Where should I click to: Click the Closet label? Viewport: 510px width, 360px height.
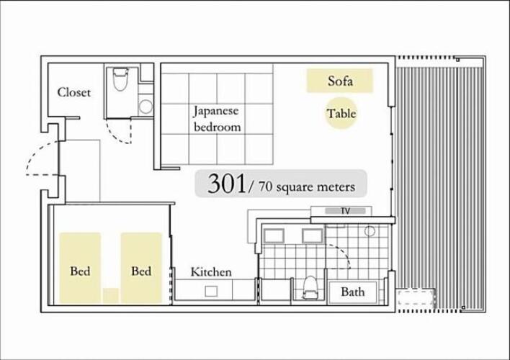coord(73,92)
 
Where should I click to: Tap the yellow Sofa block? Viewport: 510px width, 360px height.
coord(339,81)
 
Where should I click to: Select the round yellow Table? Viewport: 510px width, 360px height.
coord(341,113)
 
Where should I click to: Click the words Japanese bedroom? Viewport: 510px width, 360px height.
coord(217,119)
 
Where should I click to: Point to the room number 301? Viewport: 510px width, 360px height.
coord(226,184)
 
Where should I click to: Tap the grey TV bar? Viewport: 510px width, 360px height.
coord(345,211)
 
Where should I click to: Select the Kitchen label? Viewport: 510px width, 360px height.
coord(211,272)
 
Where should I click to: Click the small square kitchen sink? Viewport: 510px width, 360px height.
coord(211,291)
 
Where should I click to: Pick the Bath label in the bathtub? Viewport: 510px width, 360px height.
coord(352,292)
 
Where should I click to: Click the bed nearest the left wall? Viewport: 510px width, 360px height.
coord(80,269)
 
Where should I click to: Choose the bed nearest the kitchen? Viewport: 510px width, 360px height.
coord(141,269)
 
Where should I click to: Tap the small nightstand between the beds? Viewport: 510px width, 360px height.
coord(111,296)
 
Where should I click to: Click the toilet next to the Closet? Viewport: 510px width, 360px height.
coord(120,79)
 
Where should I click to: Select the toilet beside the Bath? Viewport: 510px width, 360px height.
coord(310,287)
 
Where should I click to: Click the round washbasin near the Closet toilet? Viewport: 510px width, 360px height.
coord(146,107)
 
